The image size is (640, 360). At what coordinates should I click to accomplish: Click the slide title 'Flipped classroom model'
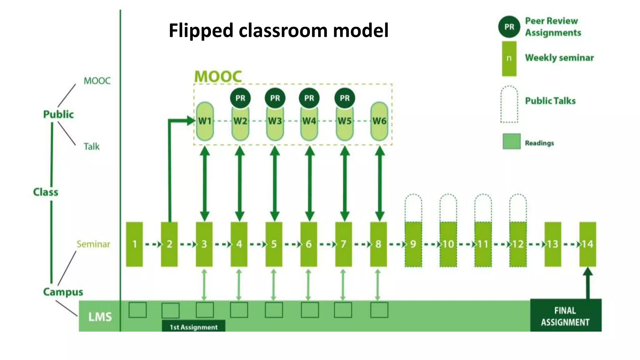click(x=278, y=30)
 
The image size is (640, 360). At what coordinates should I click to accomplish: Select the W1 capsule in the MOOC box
click(x=205, y=121)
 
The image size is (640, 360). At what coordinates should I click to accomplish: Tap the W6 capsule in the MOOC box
click(x=379, y=121)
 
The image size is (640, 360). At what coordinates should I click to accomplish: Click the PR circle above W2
click(x=240, y=98)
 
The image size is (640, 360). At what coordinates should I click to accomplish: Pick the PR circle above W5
click(x=345, y=98)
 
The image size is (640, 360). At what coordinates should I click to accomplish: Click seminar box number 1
click(x=134, y=244)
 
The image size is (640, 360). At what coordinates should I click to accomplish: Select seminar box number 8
click(x=378, y=244)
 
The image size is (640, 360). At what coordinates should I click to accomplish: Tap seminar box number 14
click(x=587, y=244)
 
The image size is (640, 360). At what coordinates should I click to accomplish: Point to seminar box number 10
click(x=448, y=244)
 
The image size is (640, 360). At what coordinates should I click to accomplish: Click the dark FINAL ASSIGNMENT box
click(x=565, y=316)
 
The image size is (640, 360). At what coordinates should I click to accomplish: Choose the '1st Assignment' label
click(x=193, y=327)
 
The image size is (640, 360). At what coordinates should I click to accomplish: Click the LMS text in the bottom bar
click(x=100, y=317)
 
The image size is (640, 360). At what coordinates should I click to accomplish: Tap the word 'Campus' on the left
click(x=63, y=292)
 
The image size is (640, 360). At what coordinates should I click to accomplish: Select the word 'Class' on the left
click(x=46, y=192)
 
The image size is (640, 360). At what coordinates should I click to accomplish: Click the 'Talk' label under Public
click(x=92, y=147)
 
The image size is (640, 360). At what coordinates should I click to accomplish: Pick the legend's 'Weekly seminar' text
click(x=559, y=58)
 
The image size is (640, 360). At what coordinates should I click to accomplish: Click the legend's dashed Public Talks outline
click(x=509, y=104)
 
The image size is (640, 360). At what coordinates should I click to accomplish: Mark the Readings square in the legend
click(x=512, y=141)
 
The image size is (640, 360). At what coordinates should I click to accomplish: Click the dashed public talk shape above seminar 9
click(x=413, y=207)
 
